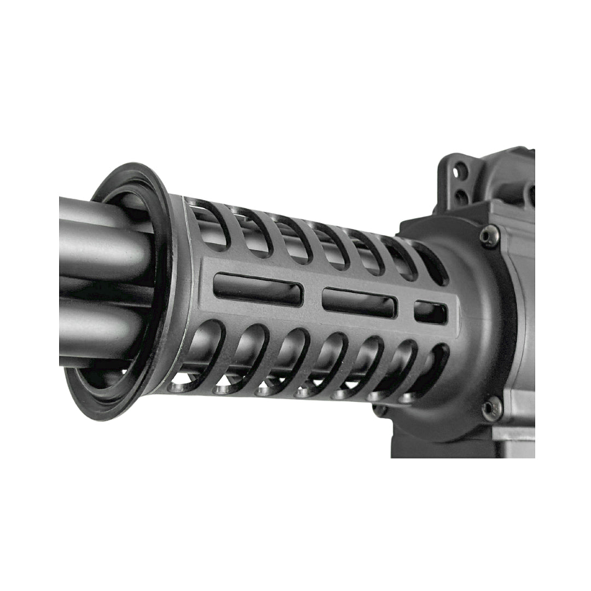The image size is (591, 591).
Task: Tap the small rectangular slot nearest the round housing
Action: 430,312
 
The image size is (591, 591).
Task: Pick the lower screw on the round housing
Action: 491,408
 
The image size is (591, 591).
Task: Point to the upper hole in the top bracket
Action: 460,171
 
